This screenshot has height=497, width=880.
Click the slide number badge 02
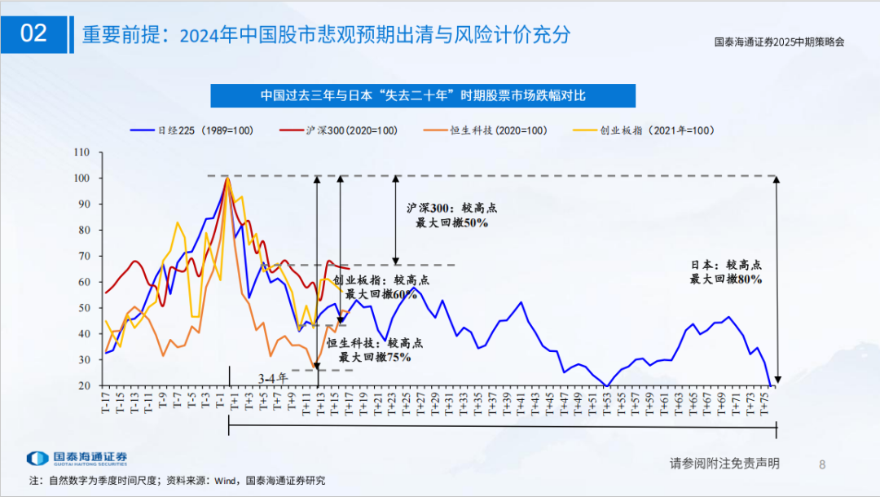34,33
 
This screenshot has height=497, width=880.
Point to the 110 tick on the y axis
81,152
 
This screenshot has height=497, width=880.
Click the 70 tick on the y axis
83,256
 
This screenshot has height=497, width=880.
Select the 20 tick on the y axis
83,385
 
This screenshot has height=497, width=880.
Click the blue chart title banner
423,95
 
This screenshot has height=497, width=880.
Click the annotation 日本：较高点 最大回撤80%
726,272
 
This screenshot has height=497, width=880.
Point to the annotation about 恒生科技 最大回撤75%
376,350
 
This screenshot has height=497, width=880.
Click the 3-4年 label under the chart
273,379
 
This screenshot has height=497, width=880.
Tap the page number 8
821,464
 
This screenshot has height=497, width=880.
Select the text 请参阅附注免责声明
724,464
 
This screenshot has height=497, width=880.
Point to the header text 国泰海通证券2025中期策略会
778,42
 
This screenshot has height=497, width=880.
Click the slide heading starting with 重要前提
326,35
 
